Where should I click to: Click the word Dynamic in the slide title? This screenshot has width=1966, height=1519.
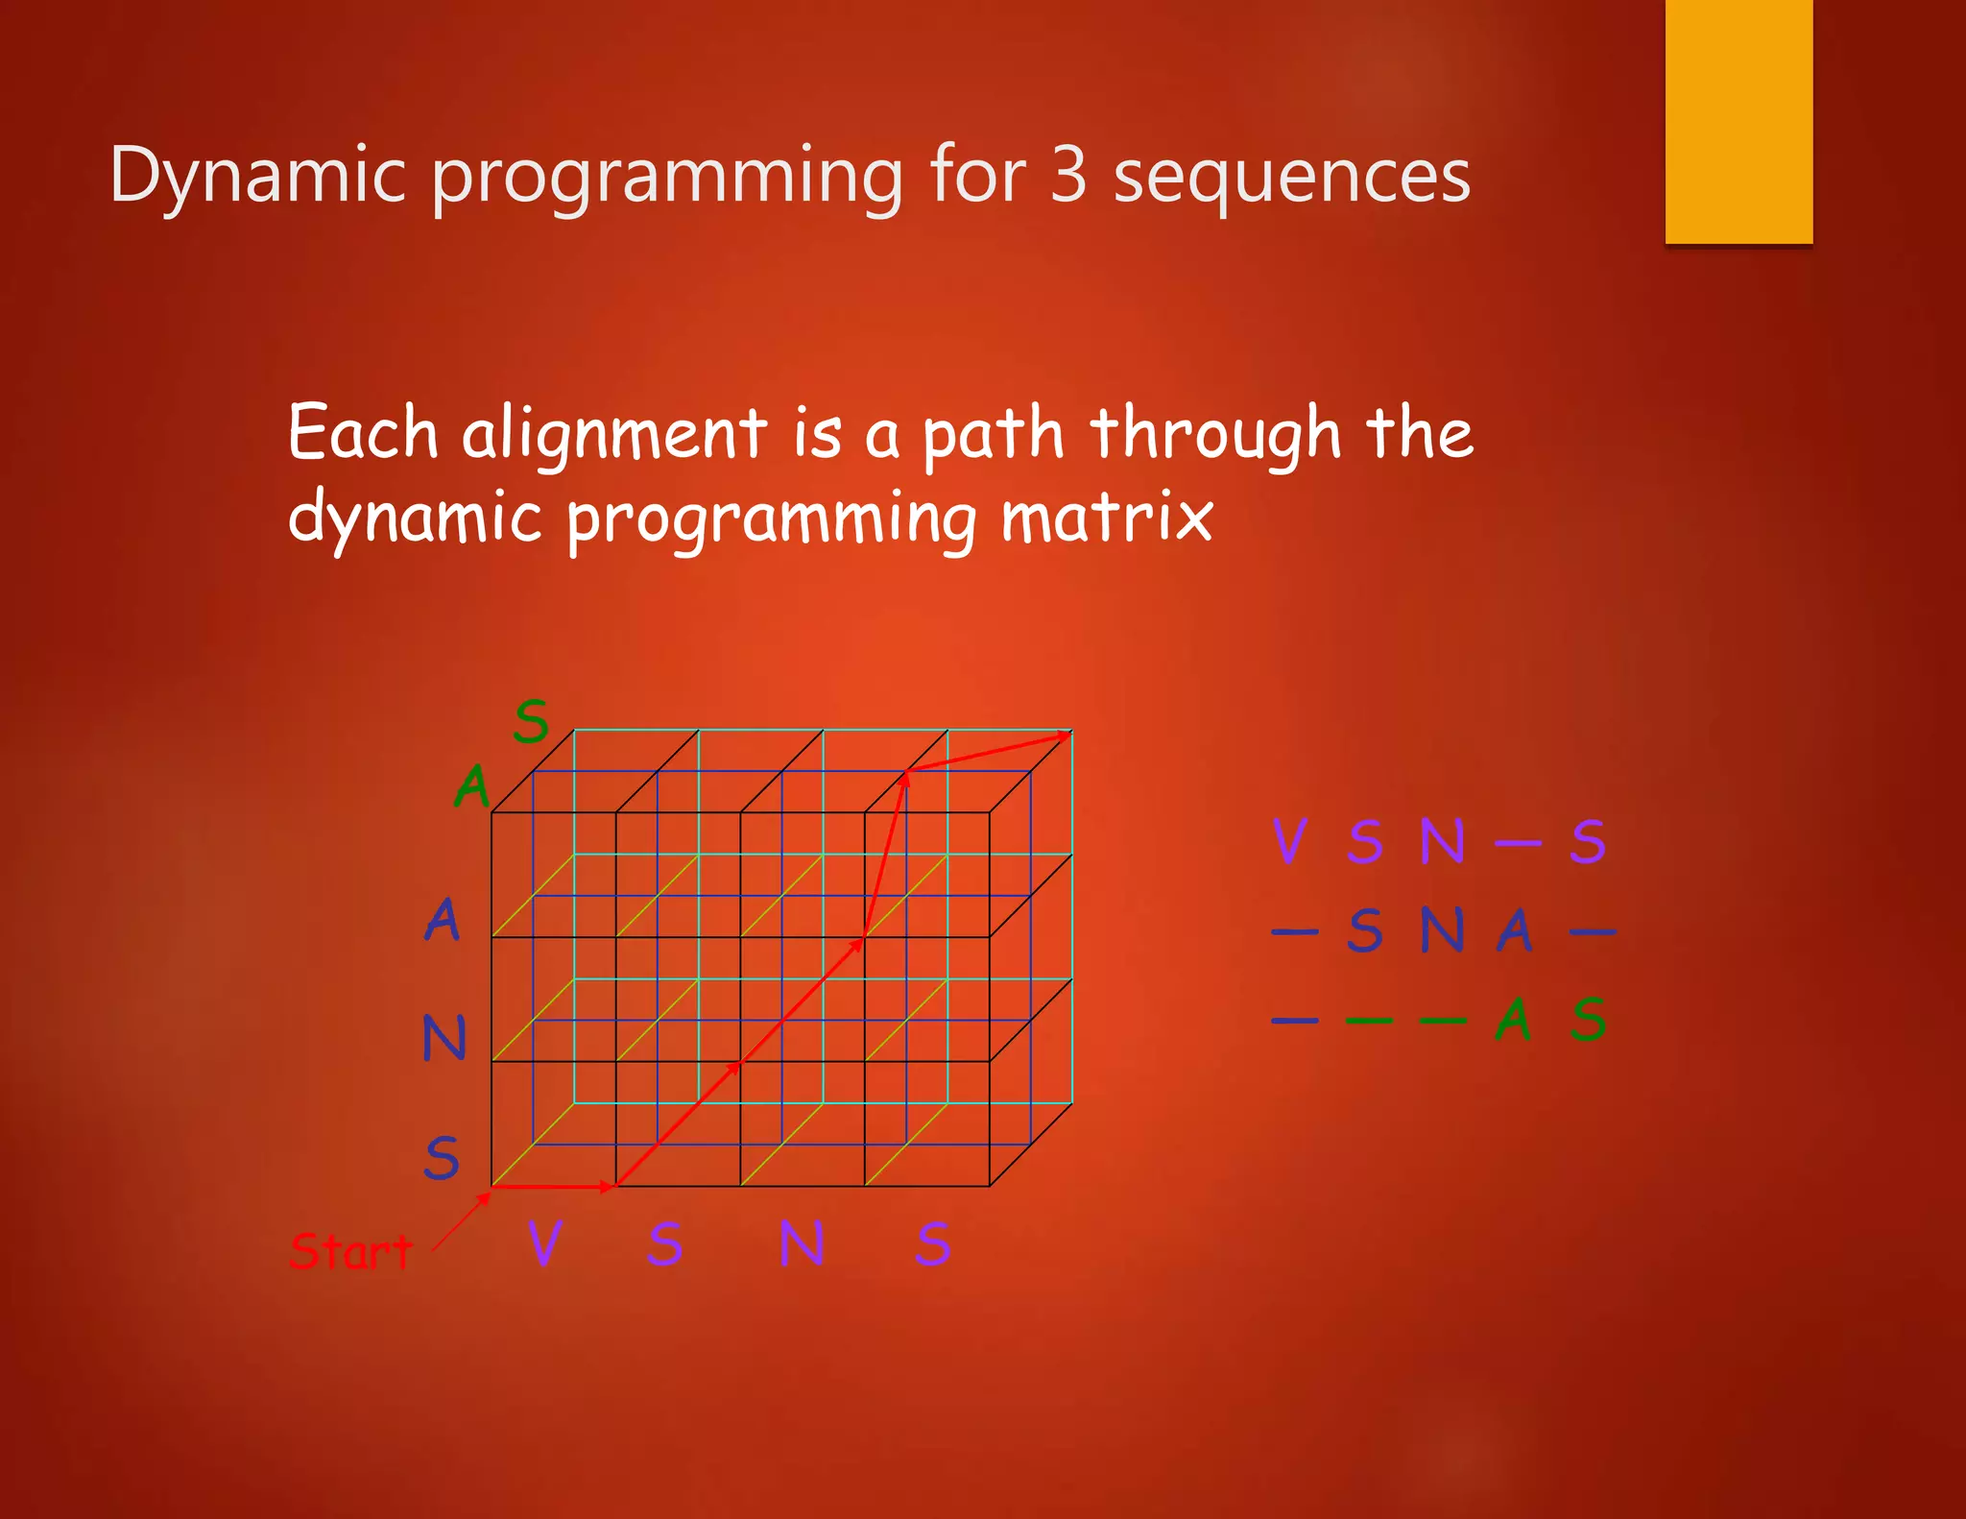click(x=257, y=176)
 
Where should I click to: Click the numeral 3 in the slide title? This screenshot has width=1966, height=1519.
click(x=1067, y=176)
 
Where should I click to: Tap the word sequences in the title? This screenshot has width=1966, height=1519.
click(x=1291, y=178)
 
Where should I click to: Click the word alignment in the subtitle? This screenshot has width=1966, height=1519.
click(x=614, y=434)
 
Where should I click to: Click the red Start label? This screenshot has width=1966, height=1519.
click(x=350, y=1251)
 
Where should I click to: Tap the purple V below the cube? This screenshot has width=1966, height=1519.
click(x=544, y=1243)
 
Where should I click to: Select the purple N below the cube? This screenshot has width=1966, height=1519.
click(x=801, y=1243)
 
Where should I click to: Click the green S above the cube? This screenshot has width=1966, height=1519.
click(x=531, y=721)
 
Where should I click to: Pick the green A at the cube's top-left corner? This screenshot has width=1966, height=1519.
click(x=472, y=787)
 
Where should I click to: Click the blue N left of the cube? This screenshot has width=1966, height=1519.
click(x=444, y=1038)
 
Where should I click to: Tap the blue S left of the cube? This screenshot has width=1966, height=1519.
click(x=442, y=1158)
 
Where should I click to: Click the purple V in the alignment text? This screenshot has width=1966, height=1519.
click(x=1289, y=841)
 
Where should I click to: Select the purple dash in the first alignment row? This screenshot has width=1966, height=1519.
click(x=1518, y=843)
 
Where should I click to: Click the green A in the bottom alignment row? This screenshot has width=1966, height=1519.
click(x=1513, y=1020)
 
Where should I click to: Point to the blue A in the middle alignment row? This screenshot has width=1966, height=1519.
click(x=1514, y=930)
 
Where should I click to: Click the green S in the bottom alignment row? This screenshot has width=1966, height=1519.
click(x=1589, y=1020)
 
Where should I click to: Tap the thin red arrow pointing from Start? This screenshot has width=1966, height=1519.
click(x=462, y=1221)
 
